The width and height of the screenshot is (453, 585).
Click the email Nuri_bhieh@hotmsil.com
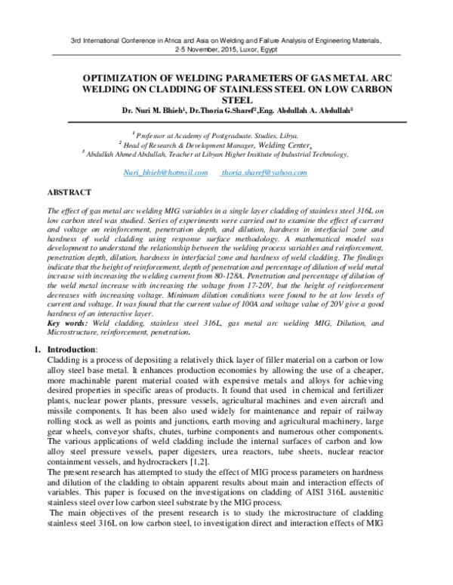(x=165, y=173)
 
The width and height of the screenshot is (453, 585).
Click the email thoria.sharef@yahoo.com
(x=263, y=173)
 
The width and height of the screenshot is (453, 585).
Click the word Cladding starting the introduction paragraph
(x=63, y=362)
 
